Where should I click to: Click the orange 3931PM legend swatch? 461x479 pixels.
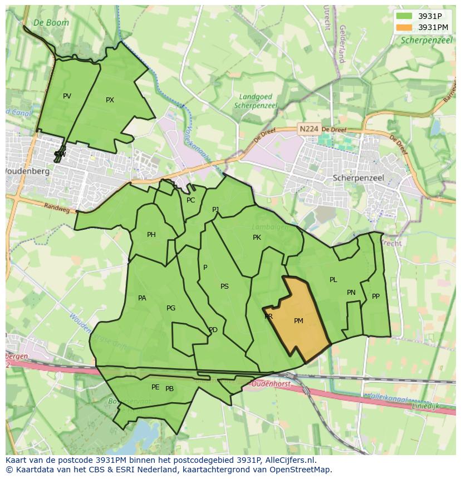(x=404, y=27)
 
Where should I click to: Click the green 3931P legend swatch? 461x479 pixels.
(x=404, y=16)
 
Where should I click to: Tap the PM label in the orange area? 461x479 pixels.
(x=298, y=321)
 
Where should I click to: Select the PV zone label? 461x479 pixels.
(x=67, y=96)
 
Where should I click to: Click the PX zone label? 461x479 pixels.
(x=110, y=100)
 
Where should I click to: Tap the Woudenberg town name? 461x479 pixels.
(x=27, y=171)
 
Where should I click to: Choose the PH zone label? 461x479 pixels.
(x=151, y=235)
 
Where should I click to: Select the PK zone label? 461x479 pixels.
(x=257, y=238)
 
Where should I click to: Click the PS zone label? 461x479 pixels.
(x=224, y=287)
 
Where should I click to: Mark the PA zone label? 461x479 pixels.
(x=142, y=298)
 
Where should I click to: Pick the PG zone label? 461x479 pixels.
(x=171, y=308)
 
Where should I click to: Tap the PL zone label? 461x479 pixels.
(x=333, y=280)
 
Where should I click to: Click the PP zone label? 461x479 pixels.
(x=376, y=297)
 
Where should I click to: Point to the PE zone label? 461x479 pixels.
(x=155, y=387)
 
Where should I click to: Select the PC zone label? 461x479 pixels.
(x=191, y=200)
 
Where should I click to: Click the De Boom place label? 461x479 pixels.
(x=51, y=23)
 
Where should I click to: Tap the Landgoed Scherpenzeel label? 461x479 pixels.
(x=256, y=101)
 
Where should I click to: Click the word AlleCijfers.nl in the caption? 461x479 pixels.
(x=289, y=460)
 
